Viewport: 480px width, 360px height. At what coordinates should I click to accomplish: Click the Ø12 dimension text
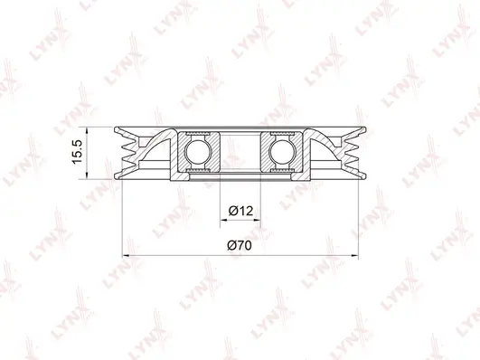tap(240, 211)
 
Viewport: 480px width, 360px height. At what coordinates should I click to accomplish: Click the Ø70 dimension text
tap(240, 245)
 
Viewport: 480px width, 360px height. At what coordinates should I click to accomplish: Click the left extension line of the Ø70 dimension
tap(120, 217)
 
